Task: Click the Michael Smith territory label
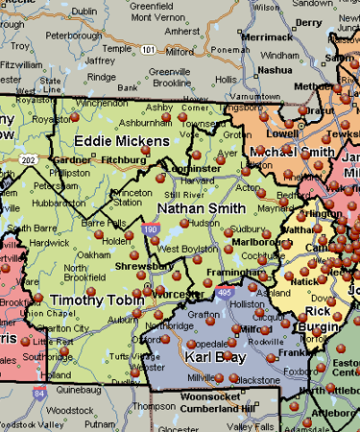(292, 153)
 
